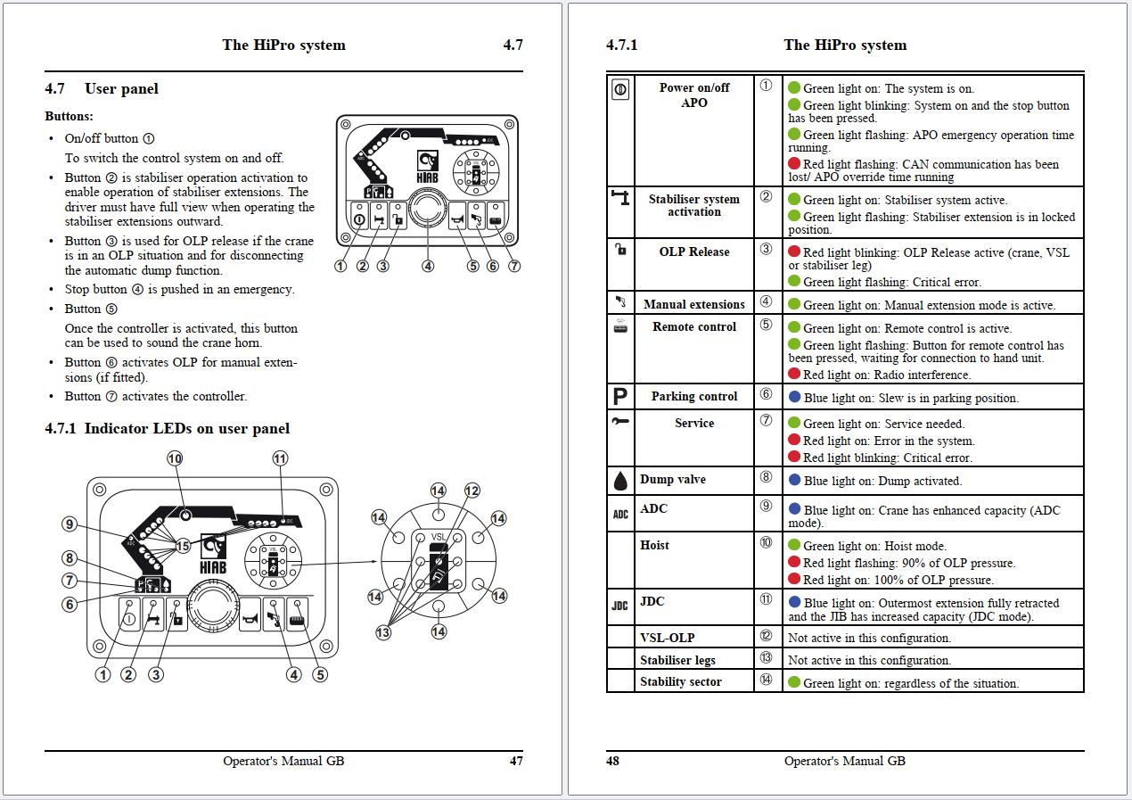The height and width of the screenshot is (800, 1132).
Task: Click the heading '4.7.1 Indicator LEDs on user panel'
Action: (x=167, y=429)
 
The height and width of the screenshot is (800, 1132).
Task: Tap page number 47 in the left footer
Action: (x=516, y=761)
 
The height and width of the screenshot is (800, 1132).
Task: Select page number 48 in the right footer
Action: (x=612, y=761)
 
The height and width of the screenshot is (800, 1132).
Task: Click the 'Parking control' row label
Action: (x=693, y=397)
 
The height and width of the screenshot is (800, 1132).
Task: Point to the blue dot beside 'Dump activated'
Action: (x=794, y=480)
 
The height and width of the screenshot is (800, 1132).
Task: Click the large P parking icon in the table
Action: (x=620, y=397)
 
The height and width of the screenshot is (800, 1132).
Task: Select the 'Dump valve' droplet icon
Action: (x=620, y=481)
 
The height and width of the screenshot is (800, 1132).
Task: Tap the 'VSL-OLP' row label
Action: (x=667, y=638)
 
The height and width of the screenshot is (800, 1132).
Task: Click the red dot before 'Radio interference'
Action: (x=794, y=375)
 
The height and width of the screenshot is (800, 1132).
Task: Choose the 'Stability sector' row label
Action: (x=680, y=682)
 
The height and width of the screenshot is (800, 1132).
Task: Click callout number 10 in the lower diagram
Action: (x=175, y=458)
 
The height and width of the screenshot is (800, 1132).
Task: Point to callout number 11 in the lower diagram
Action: (x=281, y=458)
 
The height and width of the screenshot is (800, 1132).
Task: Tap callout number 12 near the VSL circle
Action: (x=472, y=491)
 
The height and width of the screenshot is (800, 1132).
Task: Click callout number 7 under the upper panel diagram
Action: (x=513, y=266)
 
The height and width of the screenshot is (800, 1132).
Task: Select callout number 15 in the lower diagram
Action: (x=183, y=545)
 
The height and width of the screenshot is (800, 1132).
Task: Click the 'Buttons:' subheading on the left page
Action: (x=69, y=117)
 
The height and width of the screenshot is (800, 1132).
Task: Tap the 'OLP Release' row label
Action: (x=693, y=252)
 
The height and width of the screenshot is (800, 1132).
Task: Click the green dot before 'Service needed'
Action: (x=794, y=423)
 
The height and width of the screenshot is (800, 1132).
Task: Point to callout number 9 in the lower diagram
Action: (x=70, y=524)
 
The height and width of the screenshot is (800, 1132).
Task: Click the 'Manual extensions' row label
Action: (x=693, y=305)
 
